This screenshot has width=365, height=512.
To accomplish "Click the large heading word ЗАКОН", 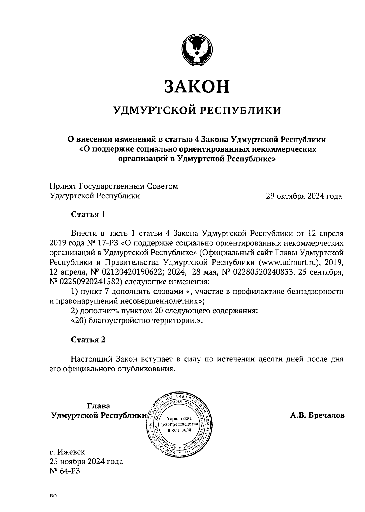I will pyautogui.click(x=196, y=87).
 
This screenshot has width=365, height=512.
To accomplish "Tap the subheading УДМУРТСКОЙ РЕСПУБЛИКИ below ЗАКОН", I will pyautogui.click(x=197, y=110).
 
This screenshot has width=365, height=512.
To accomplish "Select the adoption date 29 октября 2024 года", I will pyautogui.click(x=304, y=196).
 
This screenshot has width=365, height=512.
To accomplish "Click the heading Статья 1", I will pyautogui.click(x=88, y=214).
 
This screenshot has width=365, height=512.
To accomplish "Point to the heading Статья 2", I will pyautogui.click(x=88, y=340).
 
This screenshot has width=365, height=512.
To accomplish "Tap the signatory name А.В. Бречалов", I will pyautogui.click(x=317, y=415).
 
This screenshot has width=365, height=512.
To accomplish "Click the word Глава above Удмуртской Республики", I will pyautogui.click(x=99, y=406).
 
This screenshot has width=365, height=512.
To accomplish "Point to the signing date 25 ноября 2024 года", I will pyautogui.click(x=86, y=462).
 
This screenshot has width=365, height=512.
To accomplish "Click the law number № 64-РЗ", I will pyautogui.click(x=64, y=471).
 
